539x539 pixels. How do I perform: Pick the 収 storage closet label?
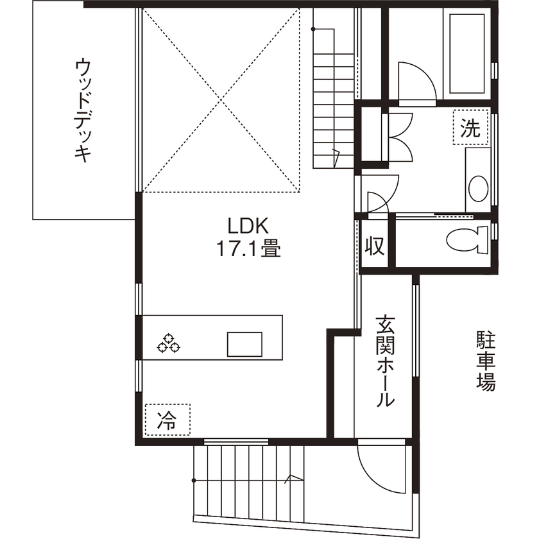(x=375, y=246)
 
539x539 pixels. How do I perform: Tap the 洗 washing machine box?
(x=470, y=129)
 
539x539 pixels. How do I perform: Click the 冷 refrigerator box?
(x=167, y=420)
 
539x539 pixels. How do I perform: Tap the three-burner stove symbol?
(x=169, y=343)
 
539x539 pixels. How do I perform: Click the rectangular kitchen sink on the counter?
(x=244, y=344)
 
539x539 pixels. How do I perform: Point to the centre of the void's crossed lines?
(x=221, y=99)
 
